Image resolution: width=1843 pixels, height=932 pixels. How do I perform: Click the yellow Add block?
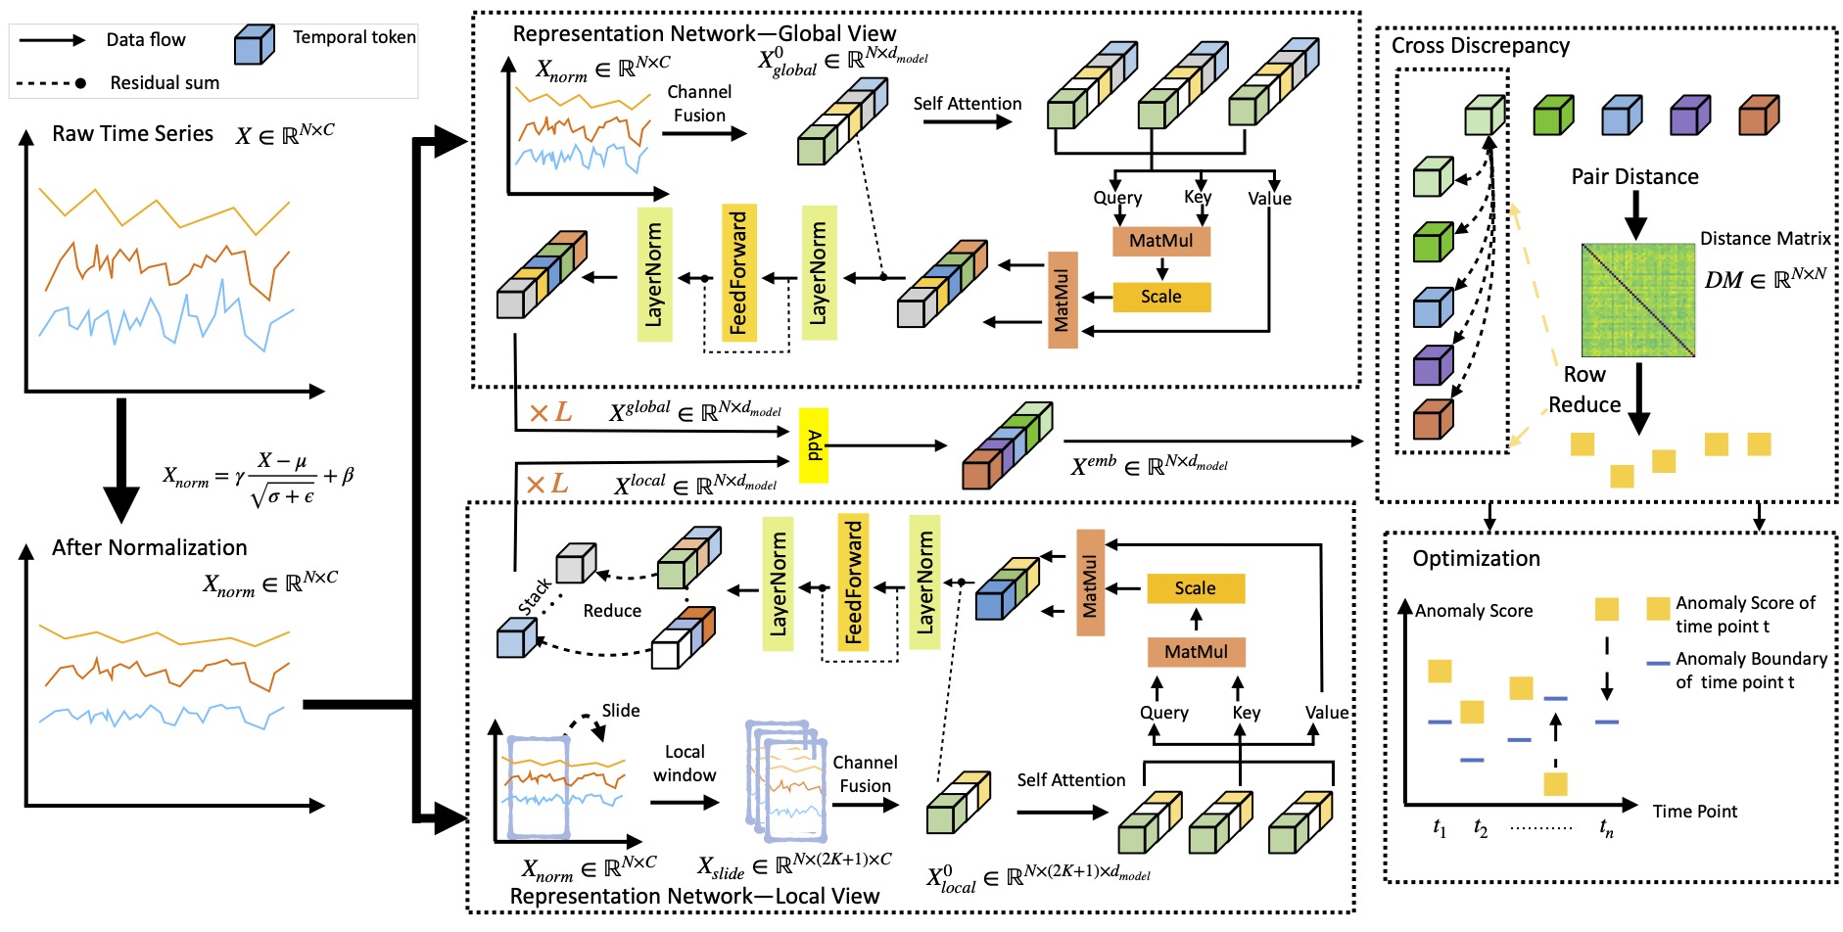coord(814,445)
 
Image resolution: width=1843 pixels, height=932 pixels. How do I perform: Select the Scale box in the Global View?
coord(1161,297)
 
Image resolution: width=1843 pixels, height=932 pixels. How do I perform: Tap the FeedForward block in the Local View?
coord(853,582)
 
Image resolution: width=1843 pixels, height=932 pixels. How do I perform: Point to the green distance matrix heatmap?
coord(1637,300)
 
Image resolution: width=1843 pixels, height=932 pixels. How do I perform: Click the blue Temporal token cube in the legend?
coord(254,44)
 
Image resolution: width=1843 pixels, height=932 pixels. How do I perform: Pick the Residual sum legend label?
coord(165,83)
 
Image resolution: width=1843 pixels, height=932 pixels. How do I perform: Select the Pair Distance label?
coord(1634,177)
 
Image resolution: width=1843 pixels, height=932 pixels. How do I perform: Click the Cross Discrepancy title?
coord(1480,46)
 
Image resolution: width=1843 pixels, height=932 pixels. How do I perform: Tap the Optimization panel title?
coord(1476,559)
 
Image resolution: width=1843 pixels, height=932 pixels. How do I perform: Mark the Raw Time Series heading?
coord(132,134)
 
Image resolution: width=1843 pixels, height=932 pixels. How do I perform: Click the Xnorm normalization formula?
coord(259,479)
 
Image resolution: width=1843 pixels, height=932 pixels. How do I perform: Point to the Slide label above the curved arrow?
coord(620,711)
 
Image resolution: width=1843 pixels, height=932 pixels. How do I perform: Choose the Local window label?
coord(685,764)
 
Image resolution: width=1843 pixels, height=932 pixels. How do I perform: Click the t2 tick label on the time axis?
coord(1480,829)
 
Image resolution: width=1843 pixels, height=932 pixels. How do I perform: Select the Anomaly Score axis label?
coord(1474,611)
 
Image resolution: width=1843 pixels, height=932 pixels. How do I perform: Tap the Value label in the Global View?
coord(1269,199)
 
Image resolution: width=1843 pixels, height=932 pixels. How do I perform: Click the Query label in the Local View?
coord(1163,714)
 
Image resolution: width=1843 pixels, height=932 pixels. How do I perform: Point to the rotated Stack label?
coord(535,596)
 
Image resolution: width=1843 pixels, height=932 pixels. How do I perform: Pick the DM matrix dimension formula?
coord(1765,279)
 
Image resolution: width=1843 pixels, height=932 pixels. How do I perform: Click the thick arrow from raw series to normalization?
coord(121,459)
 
